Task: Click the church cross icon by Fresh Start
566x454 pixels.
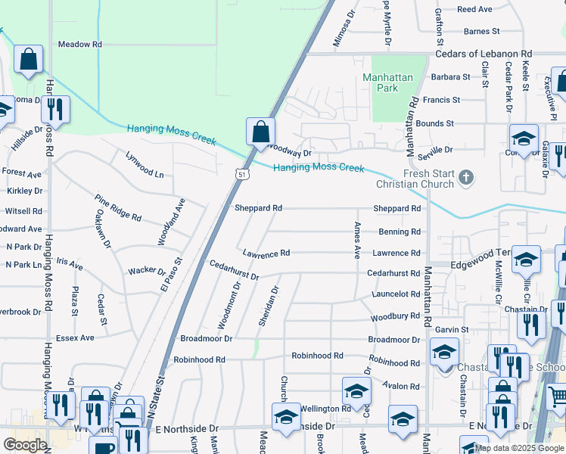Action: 467,179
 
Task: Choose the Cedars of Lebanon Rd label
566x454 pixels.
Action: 484,54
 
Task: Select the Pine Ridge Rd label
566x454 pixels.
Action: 118,207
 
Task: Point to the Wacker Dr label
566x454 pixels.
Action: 147,271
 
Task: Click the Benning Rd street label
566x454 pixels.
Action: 405,232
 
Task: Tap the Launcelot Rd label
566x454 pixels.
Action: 396,294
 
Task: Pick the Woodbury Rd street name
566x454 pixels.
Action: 396,316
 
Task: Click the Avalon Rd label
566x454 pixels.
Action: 401,387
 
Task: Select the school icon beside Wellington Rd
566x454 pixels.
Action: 356,390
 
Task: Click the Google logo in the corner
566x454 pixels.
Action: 25,444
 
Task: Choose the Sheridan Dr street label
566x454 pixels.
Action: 269,306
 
